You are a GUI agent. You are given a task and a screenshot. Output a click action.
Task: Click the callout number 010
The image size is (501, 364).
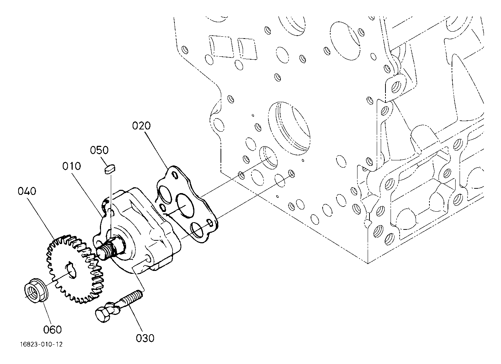[x=71, y=166]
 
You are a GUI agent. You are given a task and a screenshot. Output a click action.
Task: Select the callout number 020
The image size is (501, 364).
[x=141, y=126]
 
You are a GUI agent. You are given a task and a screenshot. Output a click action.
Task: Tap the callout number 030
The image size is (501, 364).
[x=145, y=338]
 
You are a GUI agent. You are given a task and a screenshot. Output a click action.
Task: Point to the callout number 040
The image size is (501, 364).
[x=27, y=191]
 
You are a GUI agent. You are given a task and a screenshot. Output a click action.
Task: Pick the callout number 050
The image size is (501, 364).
[x=99, y=150]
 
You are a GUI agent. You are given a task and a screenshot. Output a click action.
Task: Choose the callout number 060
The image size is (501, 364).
[x=52, y=330]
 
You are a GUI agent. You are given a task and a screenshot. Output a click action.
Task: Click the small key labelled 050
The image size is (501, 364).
[x=110, y=169]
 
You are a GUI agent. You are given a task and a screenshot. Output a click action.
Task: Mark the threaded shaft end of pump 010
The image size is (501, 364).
[x=107, y=250]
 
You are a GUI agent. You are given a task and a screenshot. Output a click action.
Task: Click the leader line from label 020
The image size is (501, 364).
[x=157, y=150]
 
